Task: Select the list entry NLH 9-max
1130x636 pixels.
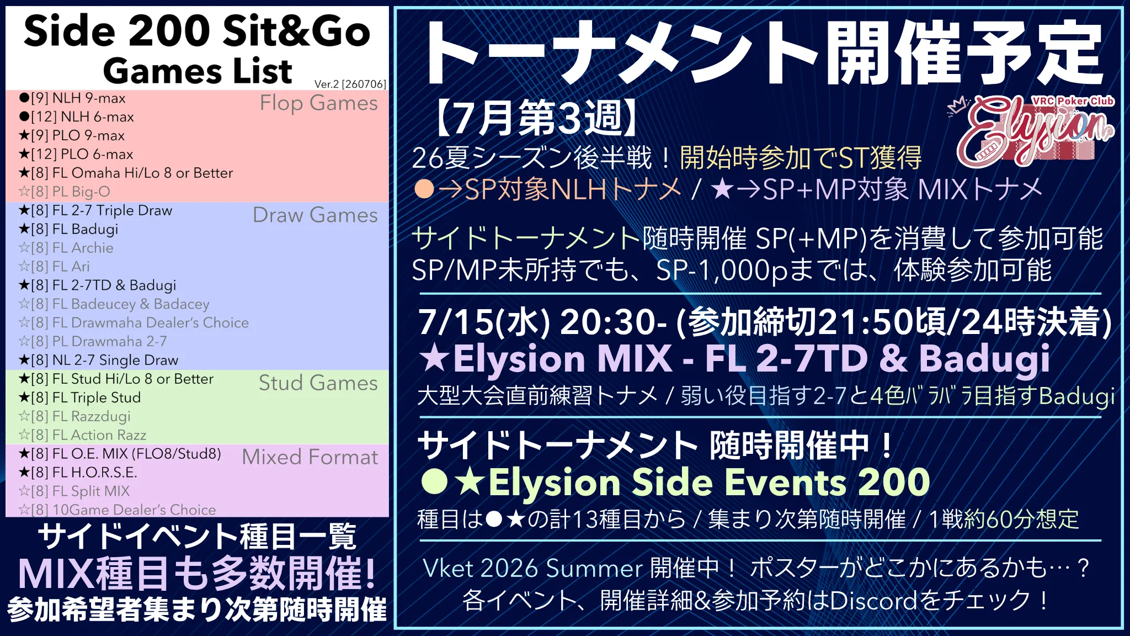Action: [x=72, y=98]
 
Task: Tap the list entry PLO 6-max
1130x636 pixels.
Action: [x=76, y=155]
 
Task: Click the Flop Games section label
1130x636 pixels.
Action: [x=319, y=103]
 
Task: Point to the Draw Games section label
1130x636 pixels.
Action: [x=316, y=215]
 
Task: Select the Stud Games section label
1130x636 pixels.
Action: [x=318, y=383]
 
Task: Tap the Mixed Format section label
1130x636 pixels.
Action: [x=310, y=457]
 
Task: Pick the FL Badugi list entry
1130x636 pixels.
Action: [x=68, y=229]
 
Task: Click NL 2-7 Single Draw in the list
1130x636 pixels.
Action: [x=98, y=361]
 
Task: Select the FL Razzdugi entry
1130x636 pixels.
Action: [x=74, y=416]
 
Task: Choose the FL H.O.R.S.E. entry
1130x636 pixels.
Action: [x=78, y=473]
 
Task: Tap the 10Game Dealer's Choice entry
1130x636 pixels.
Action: [x=117, y=510]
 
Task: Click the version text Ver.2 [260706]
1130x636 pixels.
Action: [x=350, y=84]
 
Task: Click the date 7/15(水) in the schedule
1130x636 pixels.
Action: [x=484, y=322]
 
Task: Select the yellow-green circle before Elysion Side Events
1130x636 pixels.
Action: [x=434, y=481]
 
